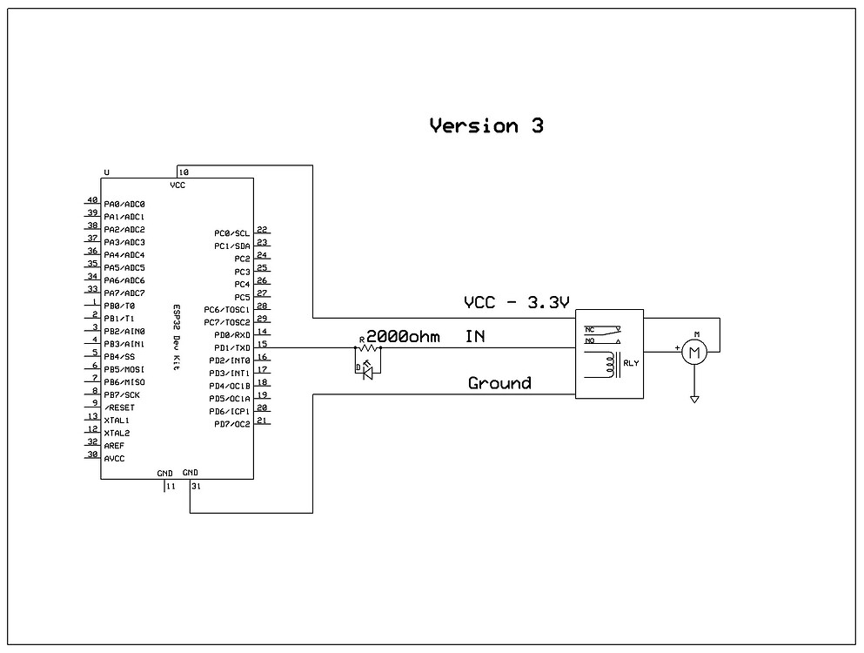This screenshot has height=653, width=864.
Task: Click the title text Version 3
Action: (x=486, y=126)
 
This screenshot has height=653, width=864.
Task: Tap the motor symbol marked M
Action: (x=694, y=351)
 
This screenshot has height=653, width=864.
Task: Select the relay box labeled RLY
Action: (x=609, y=353)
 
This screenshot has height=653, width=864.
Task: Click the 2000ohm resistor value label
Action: (x=403, y=336)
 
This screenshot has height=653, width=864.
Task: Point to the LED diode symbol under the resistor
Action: (x=366, y=371)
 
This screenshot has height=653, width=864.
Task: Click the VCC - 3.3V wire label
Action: (x=517, y=303)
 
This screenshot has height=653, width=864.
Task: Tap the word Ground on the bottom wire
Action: (x=499, y=383)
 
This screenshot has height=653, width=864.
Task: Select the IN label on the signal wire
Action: (x=475, y=336)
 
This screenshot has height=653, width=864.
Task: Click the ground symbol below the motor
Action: (x=694, y=399)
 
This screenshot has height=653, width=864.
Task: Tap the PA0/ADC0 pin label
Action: (x=124, y=204)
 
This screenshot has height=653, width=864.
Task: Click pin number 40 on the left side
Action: (x=92, y=200)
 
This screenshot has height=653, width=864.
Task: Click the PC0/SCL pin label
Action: (x=231, y=233)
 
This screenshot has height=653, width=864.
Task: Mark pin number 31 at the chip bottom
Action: (x=197, y=487)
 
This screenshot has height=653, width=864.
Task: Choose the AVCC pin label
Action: (x=114, y=458)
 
